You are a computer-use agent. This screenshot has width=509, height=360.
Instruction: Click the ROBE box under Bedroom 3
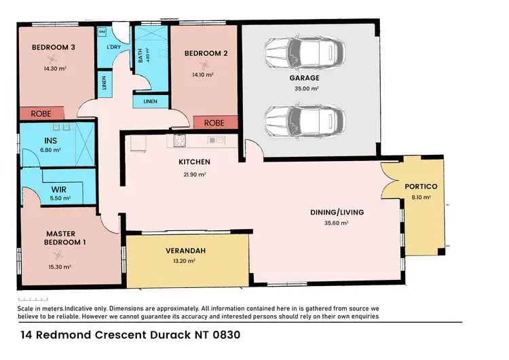(41, 113)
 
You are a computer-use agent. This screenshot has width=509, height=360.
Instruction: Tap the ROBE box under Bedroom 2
(214, 124)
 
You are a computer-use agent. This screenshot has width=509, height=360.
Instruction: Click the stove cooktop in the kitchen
(180, 141)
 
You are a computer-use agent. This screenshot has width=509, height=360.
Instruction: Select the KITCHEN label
(194, 162)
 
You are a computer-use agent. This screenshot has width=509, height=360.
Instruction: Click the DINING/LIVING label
(337, 212)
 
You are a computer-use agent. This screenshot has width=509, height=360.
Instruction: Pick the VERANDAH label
(181, 249)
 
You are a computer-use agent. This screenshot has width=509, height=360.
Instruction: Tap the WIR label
(58, 190)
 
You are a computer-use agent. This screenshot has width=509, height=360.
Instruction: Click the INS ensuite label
(32, 141)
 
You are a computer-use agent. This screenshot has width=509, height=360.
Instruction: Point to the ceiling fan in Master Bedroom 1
(59, 255)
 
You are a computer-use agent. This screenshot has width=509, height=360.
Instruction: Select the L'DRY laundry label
(113, 47)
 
